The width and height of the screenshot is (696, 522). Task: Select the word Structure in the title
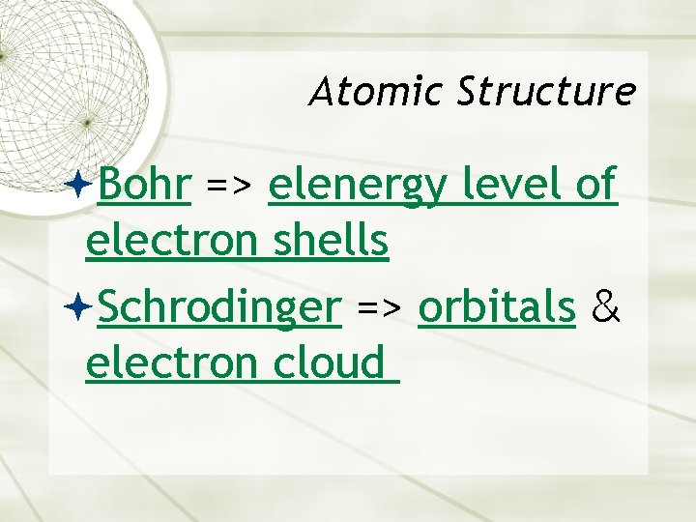547,92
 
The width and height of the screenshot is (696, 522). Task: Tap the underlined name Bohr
143,184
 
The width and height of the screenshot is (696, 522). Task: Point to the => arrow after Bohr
229,186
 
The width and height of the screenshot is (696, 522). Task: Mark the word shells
331,242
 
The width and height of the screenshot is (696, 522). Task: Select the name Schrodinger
219,308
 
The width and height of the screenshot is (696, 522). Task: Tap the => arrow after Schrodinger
380,309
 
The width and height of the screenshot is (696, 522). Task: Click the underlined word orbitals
497,306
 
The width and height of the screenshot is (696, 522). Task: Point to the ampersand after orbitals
605,306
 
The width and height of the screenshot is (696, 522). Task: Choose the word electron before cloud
171,364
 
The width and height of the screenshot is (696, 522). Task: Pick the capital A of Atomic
322,92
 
